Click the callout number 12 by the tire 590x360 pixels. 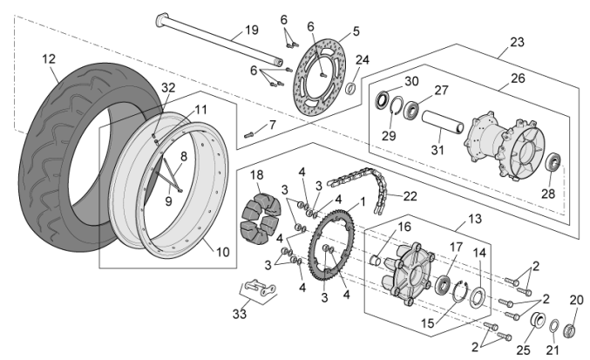coord(48,58)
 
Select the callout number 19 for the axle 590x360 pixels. coord(252,30)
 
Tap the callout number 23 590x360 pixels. coord(518,41)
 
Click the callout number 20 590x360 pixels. coord(576,300)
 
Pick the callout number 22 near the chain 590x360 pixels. coord(410,197)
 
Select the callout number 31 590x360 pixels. coord(437,149)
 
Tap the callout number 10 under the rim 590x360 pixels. coord(222,252)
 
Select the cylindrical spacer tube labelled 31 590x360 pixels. coord(444,121)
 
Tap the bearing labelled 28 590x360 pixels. coord(553,163)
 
